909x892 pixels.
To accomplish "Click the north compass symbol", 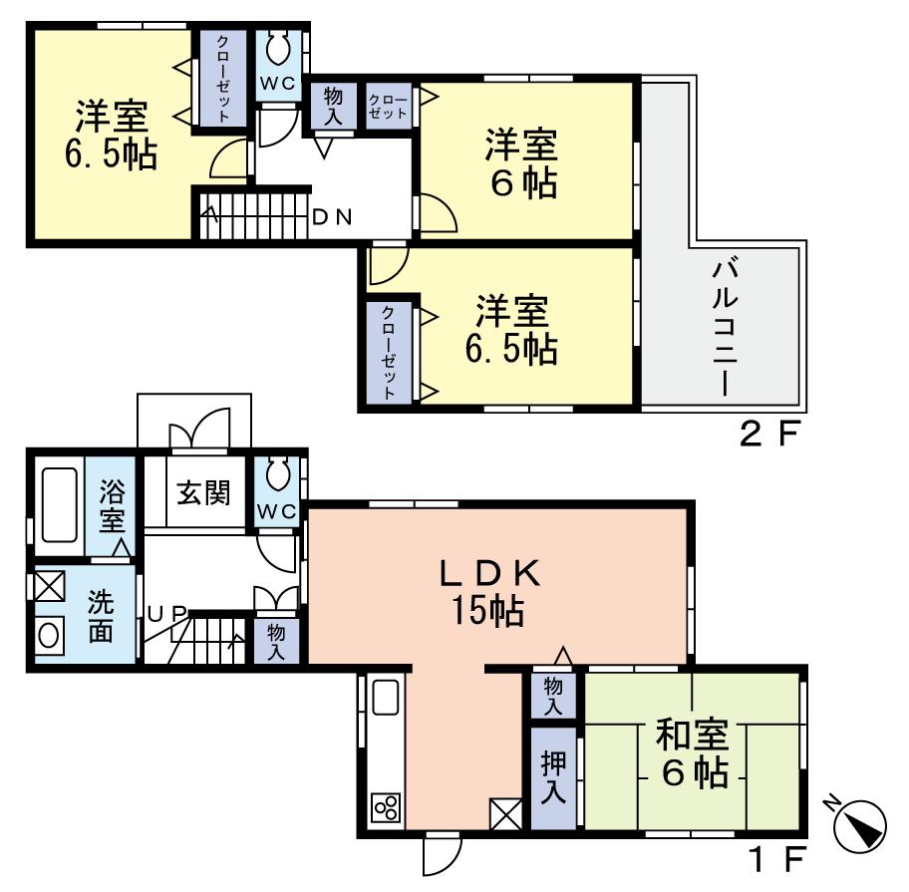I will pos(858,826).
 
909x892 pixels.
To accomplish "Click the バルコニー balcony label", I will pos(725,326).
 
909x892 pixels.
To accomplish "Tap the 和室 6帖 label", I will pos(692,753).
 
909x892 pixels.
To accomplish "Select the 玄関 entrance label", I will pos(204,492).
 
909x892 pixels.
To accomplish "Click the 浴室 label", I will pos(111,505).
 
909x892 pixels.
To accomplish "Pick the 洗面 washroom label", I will pos(100,617).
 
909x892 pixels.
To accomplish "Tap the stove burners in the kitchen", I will pos(386,805).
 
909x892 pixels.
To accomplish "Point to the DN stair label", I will pos(331,216).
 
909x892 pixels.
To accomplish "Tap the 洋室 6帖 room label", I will pos(520,162).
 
